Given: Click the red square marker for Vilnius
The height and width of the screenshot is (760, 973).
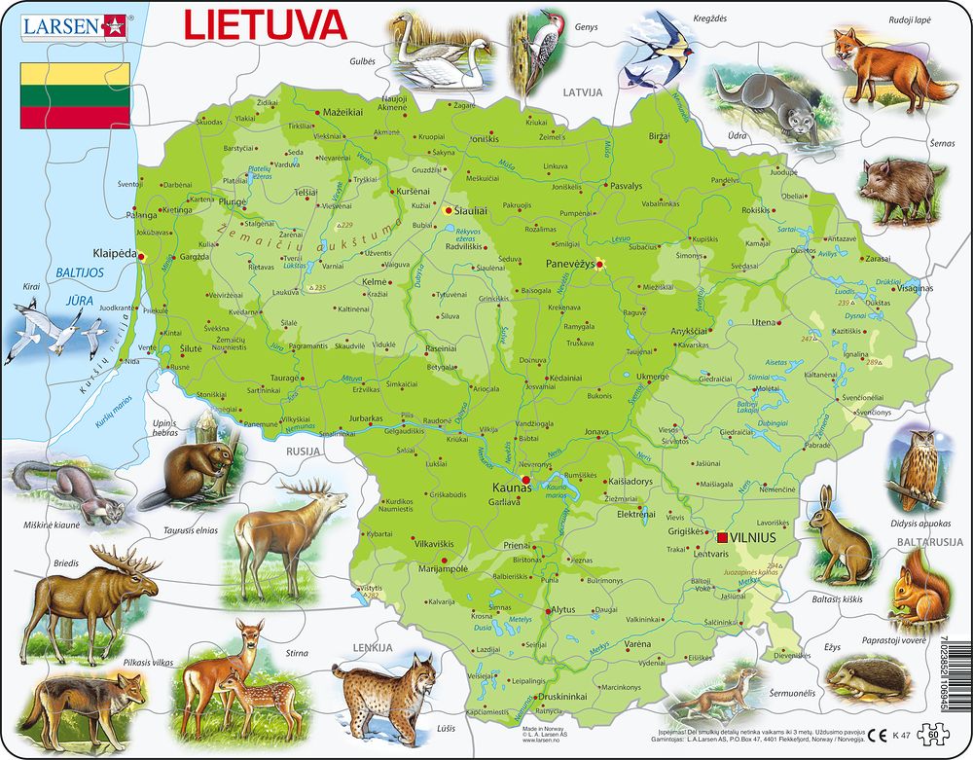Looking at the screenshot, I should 723,537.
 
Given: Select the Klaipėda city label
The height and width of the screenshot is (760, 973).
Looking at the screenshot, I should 115,250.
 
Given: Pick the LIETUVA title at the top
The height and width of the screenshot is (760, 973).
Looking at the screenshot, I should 264,25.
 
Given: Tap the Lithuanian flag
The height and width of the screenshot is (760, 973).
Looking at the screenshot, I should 75,95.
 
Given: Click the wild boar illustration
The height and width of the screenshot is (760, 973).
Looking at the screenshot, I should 901,185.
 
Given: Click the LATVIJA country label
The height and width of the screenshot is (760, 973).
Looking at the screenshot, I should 583,91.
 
